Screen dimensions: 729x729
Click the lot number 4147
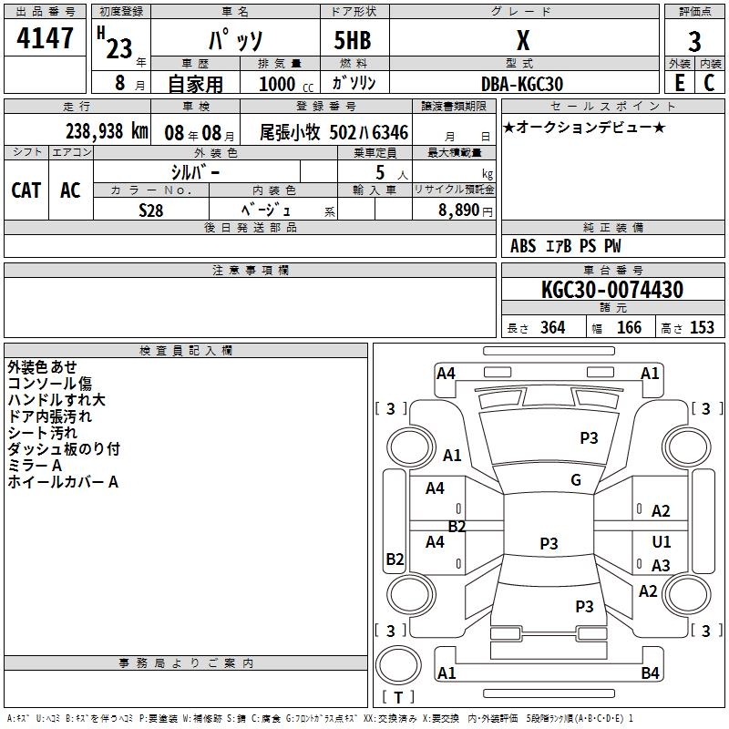[45, 38]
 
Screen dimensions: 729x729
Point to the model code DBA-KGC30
[522, 84]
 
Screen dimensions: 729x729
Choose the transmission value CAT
[26, 190]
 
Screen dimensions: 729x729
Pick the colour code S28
[150, 210]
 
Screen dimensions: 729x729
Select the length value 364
[551, 328]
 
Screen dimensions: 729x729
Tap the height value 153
[702, 328]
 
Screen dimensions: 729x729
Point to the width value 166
[629, 328]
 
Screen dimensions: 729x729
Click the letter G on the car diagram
[576, 479]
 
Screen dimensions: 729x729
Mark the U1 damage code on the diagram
[662, 542]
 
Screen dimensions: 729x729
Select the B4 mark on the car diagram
[650, 673]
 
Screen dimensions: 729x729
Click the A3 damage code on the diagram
[661, 566]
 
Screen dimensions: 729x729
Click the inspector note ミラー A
[35, 466]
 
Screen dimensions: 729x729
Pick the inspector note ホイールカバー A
[63, 482]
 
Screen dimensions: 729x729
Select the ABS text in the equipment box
[523, 246]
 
